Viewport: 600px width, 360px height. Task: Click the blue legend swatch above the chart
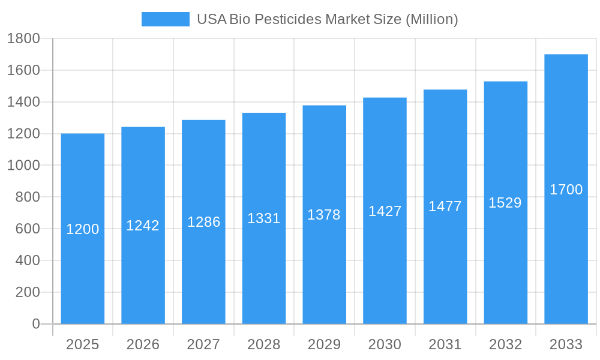165,19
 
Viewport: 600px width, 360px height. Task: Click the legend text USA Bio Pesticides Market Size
328,19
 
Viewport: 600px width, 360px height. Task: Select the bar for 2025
83,270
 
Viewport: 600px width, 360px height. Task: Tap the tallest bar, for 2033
566,252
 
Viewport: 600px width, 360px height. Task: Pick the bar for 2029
324,270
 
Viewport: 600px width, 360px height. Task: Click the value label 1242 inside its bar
143,226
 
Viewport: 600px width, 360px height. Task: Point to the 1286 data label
203,222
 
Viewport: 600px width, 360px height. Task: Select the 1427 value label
385,211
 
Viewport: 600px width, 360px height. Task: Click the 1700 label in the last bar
566,190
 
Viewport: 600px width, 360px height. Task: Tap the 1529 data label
505,203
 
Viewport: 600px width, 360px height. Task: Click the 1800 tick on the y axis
23,39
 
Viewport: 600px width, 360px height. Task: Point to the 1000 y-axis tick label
23,166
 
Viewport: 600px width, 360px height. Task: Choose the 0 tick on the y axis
35,324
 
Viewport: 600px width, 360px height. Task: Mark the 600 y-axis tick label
27,229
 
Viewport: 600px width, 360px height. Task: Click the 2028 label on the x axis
264,344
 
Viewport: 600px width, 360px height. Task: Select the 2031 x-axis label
445,344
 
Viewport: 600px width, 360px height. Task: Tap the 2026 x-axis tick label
143,344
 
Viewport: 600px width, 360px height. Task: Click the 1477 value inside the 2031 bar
445,206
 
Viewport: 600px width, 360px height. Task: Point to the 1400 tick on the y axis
23,102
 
